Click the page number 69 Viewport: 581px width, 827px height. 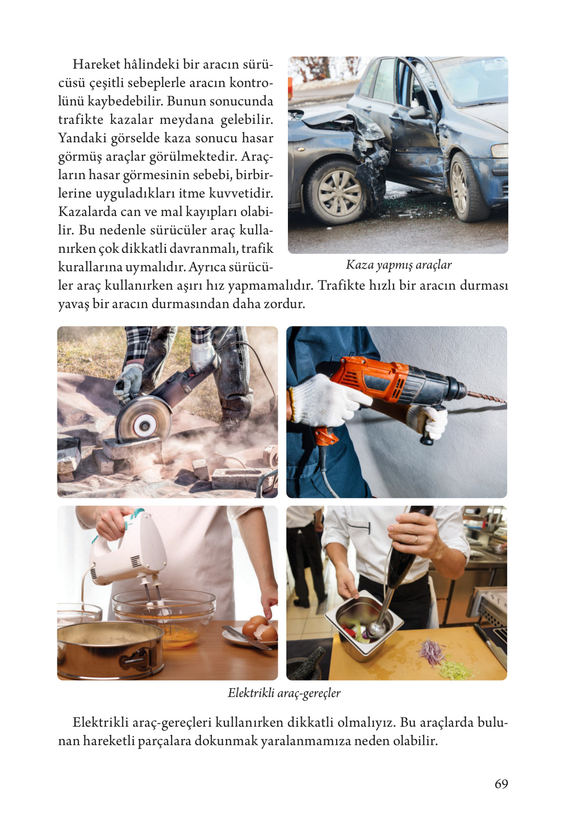coord(501,784)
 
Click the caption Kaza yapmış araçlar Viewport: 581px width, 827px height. coord(399,265)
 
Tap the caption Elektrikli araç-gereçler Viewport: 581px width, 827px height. coord(284,693)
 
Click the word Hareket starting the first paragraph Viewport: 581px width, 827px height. coord(96,64)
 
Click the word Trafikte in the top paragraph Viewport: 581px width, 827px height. coord(341,285)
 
